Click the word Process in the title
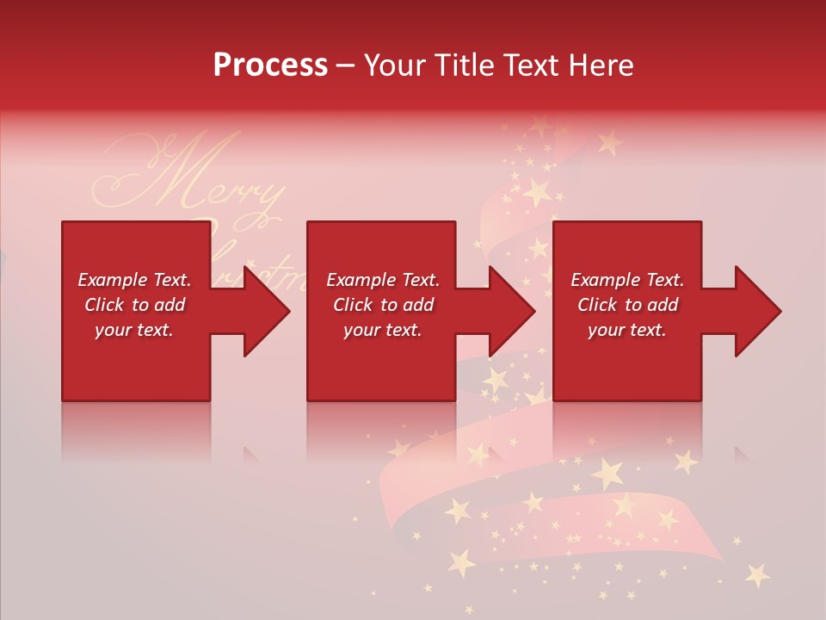270,65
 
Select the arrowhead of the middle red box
510,311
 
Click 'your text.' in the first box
134,330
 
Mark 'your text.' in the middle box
383,330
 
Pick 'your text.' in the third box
627,330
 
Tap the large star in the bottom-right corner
757,574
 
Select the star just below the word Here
610,140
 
